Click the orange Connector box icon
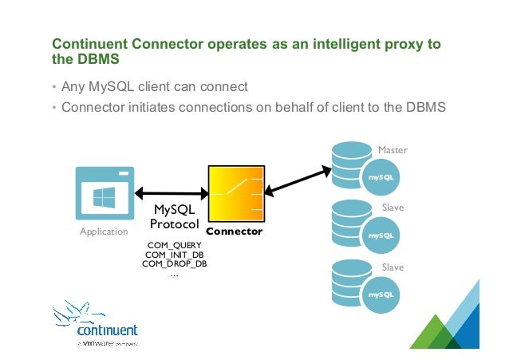pos(235,194)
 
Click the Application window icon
pos(104,193)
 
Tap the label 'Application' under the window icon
pos(104,231)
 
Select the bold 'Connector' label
pos(239,231)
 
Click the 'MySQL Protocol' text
pos(174,217)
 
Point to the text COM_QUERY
pos(175,245)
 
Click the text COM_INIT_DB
pos(175,255)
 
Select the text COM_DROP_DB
pos(175,263)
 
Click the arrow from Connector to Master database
pos(297,180)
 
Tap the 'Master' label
pos(393,149)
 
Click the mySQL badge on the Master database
pos(380,176)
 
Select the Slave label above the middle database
pos(393,207)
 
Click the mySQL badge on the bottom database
pos(380,295)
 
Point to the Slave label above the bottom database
pos(393,267)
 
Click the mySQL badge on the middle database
pos(380,235)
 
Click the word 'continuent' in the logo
pos(108,330)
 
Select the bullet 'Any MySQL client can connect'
pos(155,86)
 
